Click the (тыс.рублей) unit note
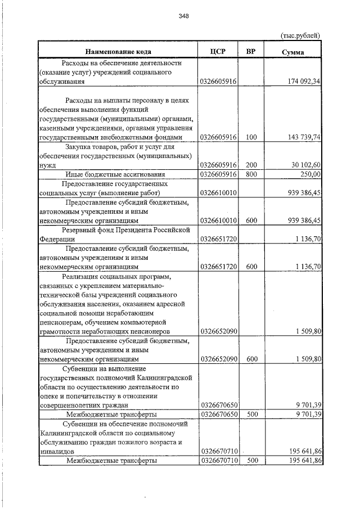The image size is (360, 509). click(300, 35)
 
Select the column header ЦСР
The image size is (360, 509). click(217, 52)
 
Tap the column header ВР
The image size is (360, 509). click(251, 52)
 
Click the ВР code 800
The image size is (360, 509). click(251, 174)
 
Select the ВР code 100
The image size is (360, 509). click(251, 137)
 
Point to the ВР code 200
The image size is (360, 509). click(251, 165)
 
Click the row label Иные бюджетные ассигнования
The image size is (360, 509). click(116, 174)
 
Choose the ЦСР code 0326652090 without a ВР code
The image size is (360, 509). click(218, 332)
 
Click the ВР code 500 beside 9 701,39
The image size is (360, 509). click(251, 415)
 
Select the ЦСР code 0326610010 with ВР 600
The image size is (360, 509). click(218, 220)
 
